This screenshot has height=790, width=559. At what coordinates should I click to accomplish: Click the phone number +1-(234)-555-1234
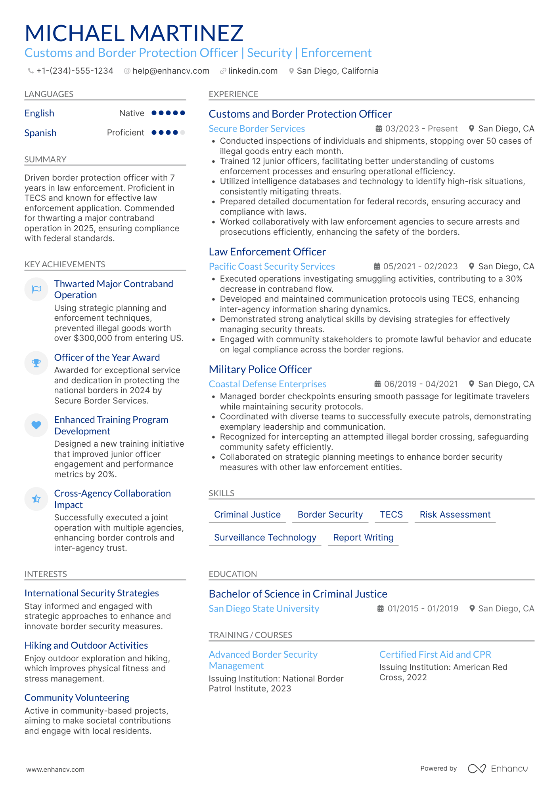coord(75,71)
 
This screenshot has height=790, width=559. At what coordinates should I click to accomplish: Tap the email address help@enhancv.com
coord(171,71)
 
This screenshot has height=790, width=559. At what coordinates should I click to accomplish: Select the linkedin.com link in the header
coord(253,71)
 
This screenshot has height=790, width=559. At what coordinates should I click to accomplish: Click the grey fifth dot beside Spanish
coord(182,133)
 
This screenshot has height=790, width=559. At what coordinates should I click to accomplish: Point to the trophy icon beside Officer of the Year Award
coord(36,363)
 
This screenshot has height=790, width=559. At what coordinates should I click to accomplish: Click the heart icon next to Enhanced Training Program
coord(36,425)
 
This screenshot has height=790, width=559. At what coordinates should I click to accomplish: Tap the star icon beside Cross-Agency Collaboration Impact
coord(36,499)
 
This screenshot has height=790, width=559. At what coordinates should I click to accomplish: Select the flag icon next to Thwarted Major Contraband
coord(36,289)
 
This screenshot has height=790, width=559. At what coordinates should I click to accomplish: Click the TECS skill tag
coord(391,514)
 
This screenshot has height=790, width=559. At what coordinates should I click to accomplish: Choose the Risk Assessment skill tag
coord(455,514)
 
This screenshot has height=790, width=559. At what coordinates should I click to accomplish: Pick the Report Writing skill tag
coord(363,537)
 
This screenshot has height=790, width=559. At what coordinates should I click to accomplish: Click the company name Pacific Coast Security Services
coord(272,267)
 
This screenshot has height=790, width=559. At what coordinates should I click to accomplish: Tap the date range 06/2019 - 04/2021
coord(421,384)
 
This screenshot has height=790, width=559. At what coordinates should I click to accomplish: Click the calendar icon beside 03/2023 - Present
coord(379,129)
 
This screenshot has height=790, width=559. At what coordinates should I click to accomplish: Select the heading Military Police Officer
coord(260,369)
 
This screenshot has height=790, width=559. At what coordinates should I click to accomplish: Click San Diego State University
coord(264,609)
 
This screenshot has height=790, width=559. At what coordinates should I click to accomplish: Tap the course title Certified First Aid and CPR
coord(435,655)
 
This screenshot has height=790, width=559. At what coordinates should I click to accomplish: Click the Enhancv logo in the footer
coord(498,769)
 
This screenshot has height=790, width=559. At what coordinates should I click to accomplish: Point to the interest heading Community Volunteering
coord(77,698)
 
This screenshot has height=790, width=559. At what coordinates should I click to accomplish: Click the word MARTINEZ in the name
coord(186,33)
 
